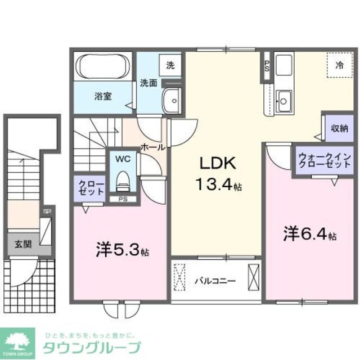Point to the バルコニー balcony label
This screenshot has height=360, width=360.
pos(215,280)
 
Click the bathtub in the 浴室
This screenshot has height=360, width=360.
pos(102,66)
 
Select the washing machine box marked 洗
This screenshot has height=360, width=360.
pos(170,65)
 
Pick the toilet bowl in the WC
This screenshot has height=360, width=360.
pos(122,181)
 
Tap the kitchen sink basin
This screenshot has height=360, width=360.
pos(284,102)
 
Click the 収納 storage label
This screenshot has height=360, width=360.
pos(339,128)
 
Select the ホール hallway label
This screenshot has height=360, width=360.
pos(152,147)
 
